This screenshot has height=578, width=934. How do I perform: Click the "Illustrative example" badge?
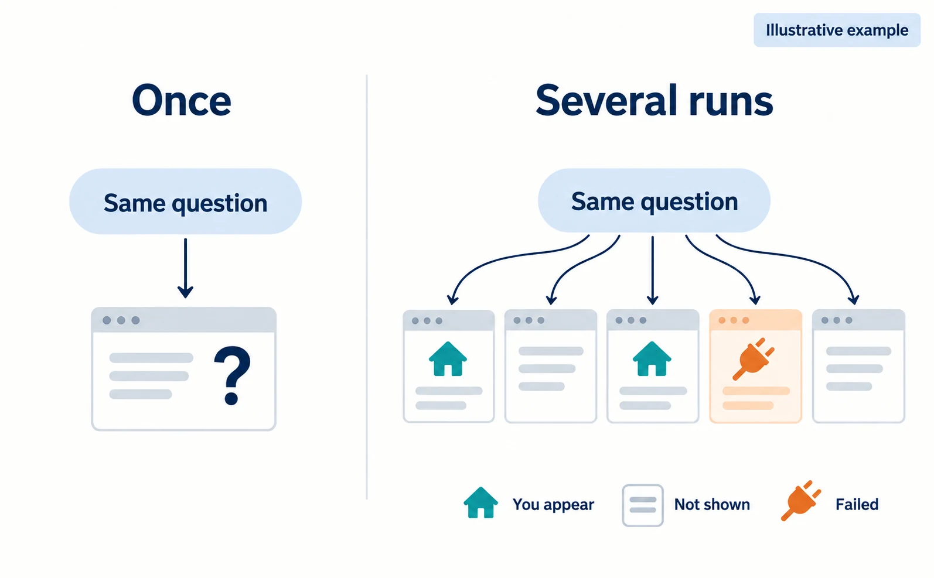[837, 30]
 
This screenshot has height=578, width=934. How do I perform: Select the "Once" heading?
[182, 101]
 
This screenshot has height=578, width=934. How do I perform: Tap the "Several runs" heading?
[655, 101]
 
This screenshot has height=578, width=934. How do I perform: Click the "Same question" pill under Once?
[186, 201]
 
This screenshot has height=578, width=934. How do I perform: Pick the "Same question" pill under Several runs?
[655, 200]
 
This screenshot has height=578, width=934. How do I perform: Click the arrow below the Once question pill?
[186, 268]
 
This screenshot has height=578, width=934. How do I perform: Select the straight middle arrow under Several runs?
[653, 271]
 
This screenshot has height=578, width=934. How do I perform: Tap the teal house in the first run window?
[448, 359]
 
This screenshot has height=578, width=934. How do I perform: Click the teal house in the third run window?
[652, 359]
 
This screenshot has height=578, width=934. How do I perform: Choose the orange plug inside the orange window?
[753, 359]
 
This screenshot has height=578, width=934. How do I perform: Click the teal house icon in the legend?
[480, 502]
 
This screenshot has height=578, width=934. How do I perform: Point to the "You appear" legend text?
[553, 504]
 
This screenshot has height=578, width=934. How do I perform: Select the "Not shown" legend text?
[712, 504]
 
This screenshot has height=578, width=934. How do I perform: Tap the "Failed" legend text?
[857, 504]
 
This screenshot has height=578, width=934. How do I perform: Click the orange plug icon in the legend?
[800, 501]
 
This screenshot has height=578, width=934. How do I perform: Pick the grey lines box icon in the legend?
[643, 505]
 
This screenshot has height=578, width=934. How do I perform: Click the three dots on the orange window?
[734, 320]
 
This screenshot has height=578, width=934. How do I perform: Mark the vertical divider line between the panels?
[367, 287]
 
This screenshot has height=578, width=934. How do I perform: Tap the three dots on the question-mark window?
[121, 320]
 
